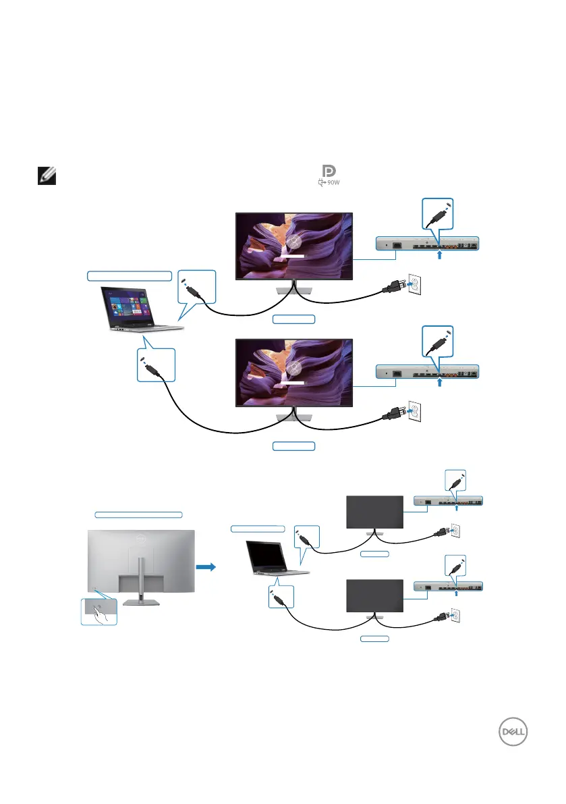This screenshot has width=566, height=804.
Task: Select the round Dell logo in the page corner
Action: tap(511, 731)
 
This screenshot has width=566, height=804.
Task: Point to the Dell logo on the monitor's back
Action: tap(140, 538)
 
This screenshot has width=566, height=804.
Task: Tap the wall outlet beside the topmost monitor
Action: tap(415, 286)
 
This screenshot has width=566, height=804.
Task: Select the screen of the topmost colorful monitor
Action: tap(293, 244)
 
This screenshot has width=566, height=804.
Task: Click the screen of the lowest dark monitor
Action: tap(374, 596)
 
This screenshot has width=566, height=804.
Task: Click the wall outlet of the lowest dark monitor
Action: tap(453, 616)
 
